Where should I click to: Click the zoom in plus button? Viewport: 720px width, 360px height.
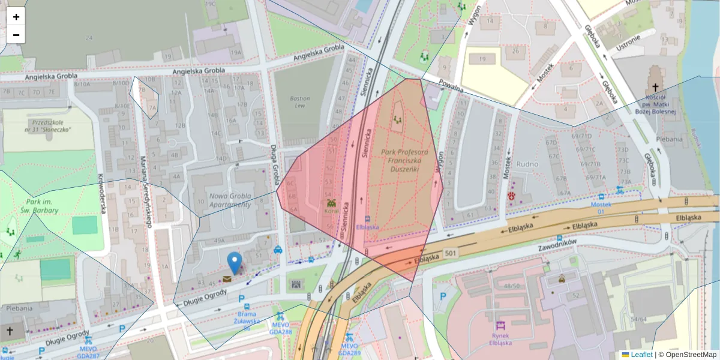pyautogui.click(x=16, y=17)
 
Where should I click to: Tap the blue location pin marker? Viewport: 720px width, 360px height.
pyautogui.click(x=235, y=263)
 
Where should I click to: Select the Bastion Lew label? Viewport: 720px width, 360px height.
pyautogui.click(x=299, y=102)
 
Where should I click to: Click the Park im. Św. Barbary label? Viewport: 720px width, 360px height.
pyautogui.click(x=42, y=206)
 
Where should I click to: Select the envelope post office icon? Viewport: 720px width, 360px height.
pyautogui.click(x=227, y=279)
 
